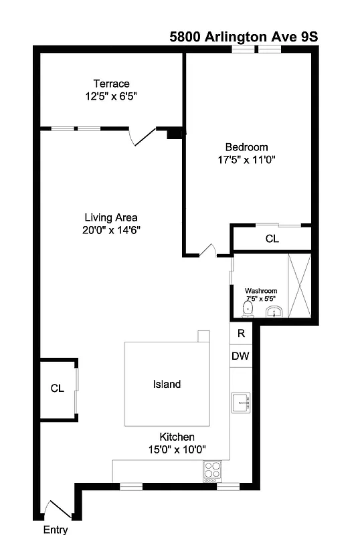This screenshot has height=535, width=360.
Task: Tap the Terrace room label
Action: [x=111, y=84]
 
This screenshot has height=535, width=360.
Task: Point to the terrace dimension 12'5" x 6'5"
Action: [x=111, y=96]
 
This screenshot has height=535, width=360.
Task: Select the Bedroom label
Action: [x=246, y=147]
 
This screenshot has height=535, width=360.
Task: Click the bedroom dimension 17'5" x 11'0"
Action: [x=246, y=160]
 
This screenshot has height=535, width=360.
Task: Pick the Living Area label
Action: [x=111, y=217]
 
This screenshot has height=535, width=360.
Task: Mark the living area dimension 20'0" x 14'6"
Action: [x=111, y=230]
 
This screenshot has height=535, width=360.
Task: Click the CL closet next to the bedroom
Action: [x=272, y=239]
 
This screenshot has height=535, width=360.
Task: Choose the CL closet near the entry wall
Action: [x=58, y=389]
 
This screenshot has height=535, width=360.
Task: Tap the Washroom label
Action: [x=260, y=291]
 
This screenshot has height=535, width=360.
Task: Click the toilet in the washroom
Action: [x=248, y=309]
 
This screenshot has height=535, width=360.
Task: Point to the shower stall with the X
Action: [x=299, y=286]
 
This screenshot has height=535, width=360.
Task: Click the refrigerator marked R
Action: [x=241, y=332]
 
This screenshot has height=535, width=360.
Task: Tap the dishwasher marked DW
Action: [x=240, y=356]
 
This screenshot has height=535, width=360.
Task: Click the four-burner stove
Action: [x=212, y=470]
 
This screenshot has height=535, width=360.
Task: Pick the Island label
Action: [x=167, y=385]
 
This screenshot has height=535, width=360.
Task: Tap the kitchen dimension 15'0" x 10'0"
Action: [x=177, y=449]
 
